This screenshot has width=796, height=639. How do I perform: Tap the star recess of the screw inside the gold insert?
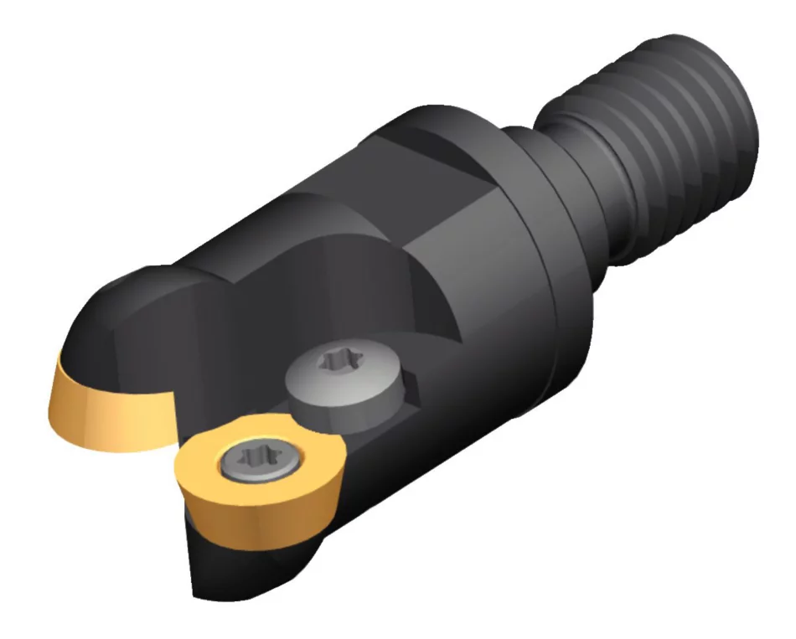click(x=249, y=458)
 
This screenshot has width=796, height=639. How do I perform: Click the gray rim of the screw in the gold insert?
click(x=230, y=461)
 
